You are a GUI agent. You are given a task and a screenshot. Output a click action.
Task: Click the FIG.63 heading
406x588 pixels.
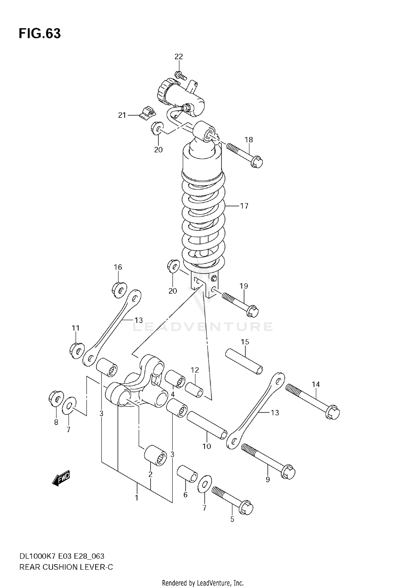pos(40,34)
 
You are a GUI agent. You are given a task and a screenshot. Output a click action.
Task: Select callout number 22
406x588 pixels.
pos(179,57)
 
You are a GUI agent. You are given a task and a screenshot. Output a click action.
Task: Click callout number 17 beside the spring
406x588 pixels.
pos(244,206)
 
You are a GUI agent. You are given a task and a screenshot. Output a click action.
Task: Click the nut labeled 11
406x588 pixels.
pos(77,351)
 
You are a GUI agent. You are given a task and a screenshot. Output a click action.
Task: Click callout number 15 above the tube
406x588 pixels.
pos(245,342)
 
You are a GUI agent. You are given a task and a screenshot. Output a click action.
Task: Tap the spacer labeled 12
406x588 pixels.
pos(194,390)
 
